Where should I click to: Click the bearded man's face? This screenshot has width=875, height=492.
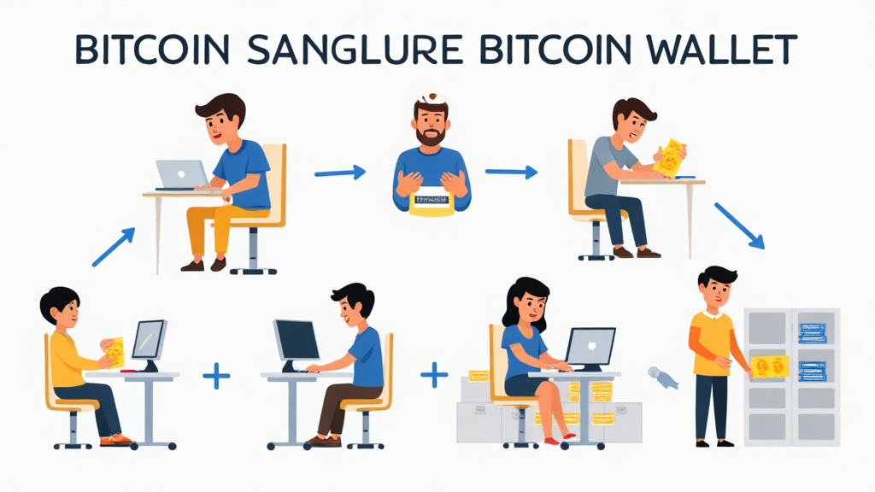click(430, 126)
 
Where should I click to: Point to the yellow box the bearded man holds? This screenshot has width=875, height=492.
click(431, 202)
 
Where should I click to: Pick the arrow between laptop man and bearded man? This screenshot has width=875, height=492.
click(339, 173)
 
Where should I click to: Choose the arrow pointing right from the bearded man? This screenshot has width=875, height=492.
click(511, 173)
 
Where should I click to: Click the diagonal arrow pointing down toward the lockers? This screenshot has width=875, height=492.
click(738, 225)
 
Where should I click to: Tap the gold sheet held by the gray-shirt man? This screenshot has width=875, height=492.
click(668, 157)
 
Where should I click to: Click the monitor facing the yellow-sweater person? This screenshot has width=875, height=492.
click(149, 340)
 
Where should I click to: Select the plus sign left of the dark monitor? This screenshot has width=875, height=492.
click(216, 375)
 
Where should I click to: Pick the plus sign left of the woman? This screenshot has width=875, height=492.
click(434, 373)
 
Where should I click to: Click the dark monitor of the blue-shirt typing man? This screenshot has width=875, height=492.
click(296, 342)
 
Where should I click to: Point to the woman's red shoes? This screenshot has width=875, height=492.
click(555, 441)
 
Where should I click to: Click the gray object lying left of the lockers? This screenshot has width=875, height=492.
click(663, 377)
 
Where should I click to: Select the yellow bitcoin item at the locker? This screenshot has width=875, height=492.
click(769, 366)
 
